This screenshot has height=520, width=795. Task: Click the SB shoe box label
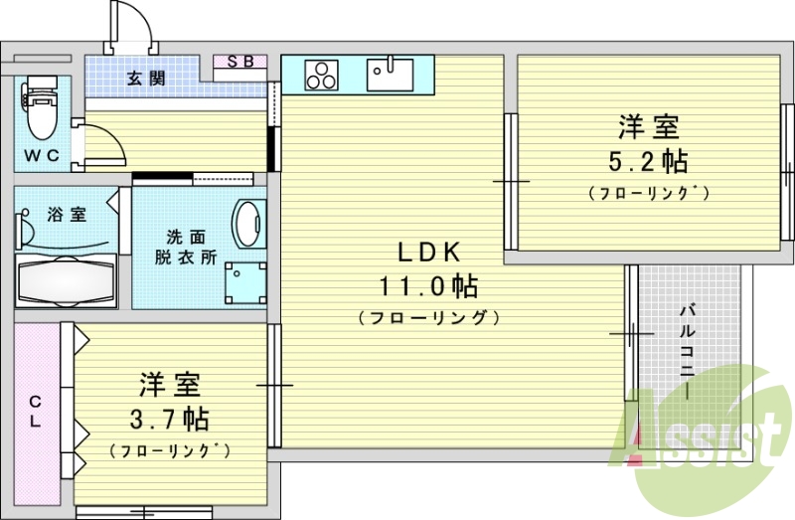tap(241, 62)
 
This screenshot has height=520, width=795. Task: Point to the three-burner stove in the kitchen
tap(323, 73)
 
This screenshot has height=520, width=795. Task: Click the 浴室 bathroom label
tap(68, 214)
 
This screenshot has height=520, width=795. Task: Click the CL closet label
tap(35, 412)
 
